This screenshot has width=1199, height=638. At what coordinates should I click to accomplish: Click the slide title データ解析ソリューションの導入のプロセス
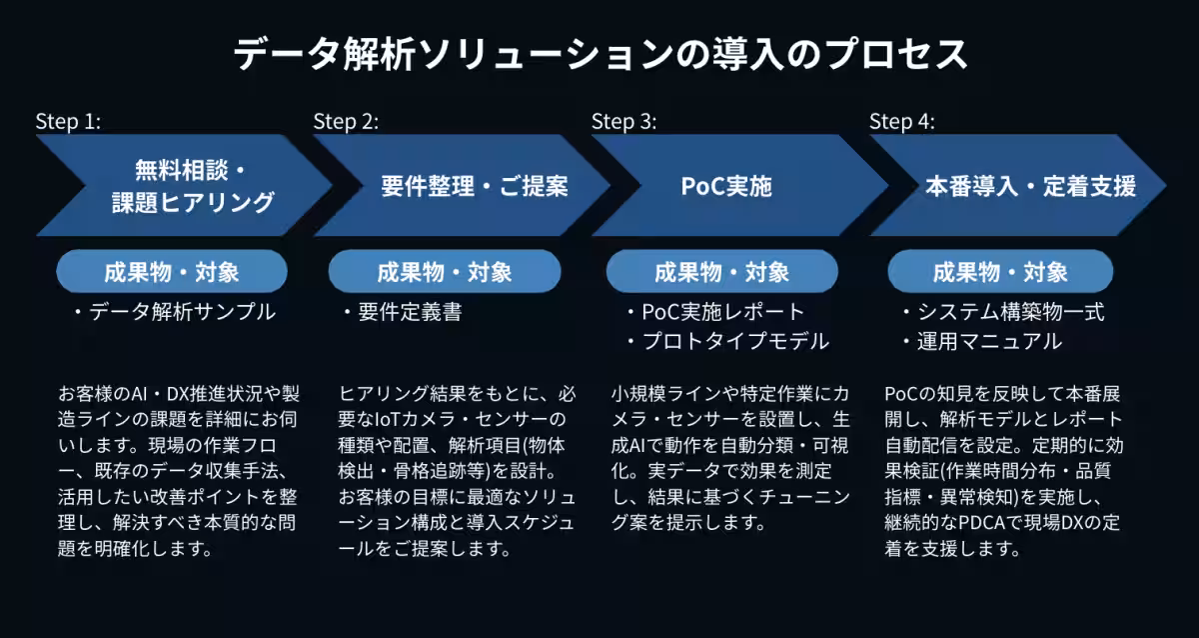[x=599, y=53]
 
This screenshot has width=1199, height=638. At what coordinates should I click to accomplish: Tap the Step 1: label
[x=68, y=122]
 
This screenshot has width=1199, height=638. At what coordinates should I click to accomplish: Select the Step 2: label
[x=346, y=122]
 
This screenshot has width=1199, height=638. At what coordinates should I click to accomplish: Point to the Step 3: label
[x=623, y=122]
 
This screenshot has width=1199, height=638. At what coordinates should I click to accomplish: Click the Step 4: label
[x=901, y=122]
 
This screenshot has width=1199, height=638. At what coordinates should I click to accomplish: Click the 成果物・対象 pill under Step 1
[x=172, y=271]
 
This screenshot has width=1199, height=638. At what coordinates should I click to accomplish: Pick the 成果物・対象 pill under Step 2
[x=445, y=271]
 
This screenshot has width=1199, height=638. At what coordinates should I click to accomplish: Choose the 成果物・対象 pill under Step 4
[x=1000, y=271]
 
